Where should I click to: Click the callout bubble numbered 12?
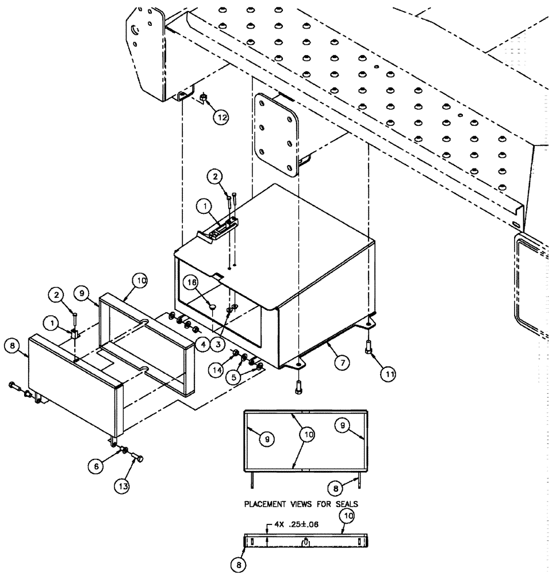[221, 117]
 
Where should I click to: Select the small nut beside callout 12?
[204, 100]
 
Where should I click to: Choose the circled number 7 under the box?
[342, 363]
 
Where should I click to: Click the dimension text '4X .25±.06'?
[294, 525]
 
